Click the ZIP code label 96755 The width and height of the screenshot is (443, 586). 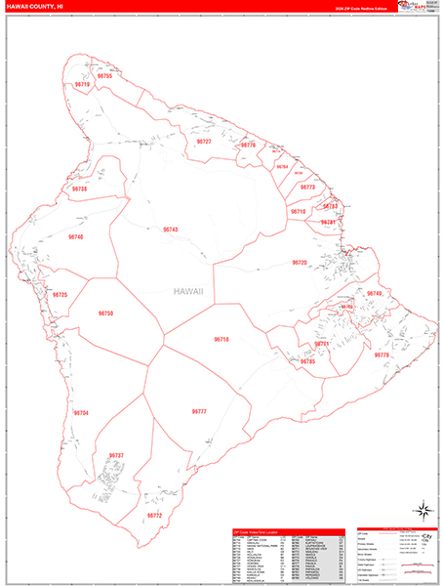[x=104, y=76]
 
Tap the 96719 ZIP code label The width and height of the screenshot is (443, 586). [x=82, y=85]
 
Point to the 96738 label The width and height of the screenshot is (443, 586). [x=79, y=188]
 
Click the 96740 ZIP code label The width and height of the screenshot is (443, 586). [x=76, y=237]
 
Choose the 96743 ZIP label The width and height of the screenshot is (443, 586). [x=171, y=230]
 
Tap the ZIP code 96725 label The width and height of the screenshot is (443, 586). [x=60, y=294]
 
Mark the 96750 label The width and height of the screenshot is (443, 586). [x=105, y=313]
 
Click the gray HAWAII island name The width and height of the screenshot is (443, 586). [x=188, y=291]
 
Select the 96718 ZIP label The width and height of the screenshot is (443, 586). [x=221, y=339]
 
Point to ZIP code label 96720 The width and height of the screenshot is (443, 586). [x=300, y=263]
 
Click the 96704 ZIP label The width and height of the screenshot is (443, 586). [x=80, y=413]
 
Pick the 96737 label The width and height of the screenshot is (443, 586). [x=116, y=456]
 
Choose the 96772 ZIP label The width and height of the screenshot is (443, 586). [x=154, y=515]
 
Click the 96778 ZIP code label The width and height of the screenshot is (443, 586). [x=382, y=355]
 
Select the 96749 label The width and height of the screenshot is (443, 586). [x=375, y=294]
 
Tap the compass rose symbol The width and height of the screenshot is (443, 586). [x=424, y=509]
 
